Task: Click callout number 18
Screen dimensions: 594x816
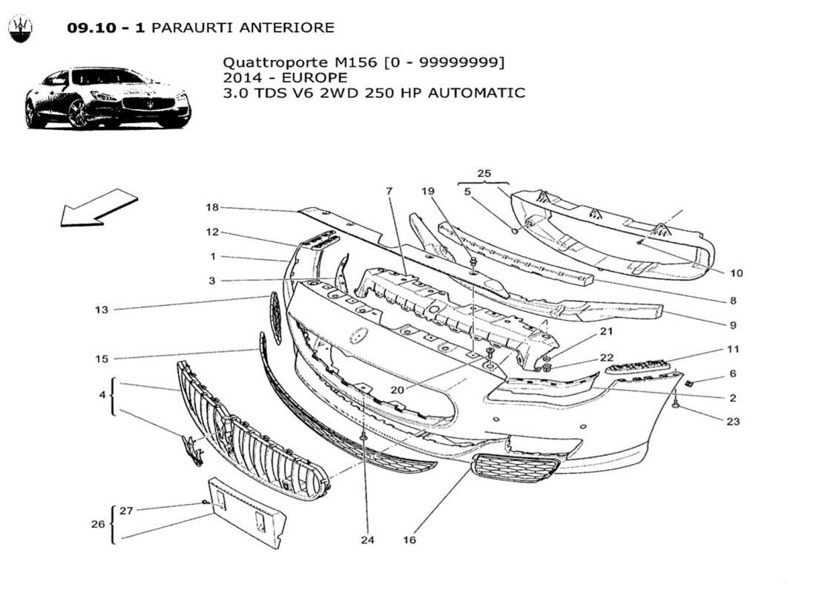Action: pyautogui.click(x=212, y=207)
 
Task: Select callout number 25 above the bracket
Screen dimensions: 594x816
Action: pyautogui.click(x=484, y=174)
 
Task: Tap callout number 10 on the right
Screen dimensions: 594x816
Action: pyautogui.click(x=735, y=273)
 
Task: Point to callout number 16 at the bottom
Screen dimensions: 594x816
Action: pyautogui.click(x=409, y=540)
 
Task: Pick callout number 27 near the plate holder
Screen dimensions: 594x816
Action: pyautogui.click(x=127, y=510)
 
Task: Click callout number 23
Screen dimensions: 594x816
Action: pyautogui.click(x=733, y=421)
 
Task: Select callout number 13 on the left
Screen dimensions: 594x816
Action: pyautogui.click(x=102, y=310)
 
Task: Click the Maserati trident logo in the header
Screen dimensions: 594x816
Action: pyautogui.click(x=21, y=30)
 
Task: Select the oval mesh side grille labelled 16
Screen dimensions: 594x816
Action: pyautogui.click(x=515, y=468)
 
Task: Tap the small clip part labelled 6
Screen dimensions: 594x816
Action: pyautogui.click(x=688, y=383)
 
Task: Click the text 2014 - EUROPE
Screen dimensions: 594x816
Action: pyautogui.click(x=285, y=78)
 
